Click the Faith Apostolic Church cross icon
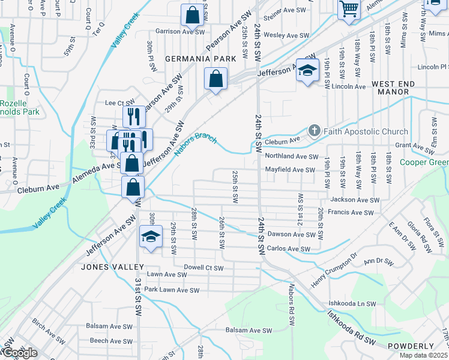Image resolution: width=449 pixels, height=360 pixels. (313, 131)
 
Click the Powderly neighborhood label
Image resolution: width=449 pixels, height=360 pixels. (410, 346)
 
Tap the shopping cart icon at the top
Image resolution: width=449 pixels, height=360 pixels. (348, 9)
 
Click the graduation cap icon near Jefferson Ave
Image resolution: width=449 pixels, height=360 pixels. (307, 70)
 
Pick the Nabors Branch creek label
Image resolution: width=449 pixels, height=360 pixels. (195, 144)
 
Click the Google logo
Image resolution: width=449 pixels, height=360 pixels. (19, 353)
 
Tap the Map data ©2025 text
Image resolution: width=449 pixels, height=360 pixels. (422, 355)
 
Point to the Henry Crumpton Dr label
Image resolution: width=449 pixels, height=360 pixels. (334, 269)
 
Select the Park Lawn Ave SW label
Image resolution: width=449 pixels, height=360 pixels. (171, 290)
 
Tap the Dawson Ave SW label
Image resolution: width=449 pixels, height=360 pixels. (291, 235)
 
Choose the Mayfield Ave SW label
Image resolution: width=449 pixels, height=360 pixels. (290, 170)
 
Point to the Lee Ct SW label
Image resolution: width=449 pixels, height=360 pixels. (118, 103)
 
